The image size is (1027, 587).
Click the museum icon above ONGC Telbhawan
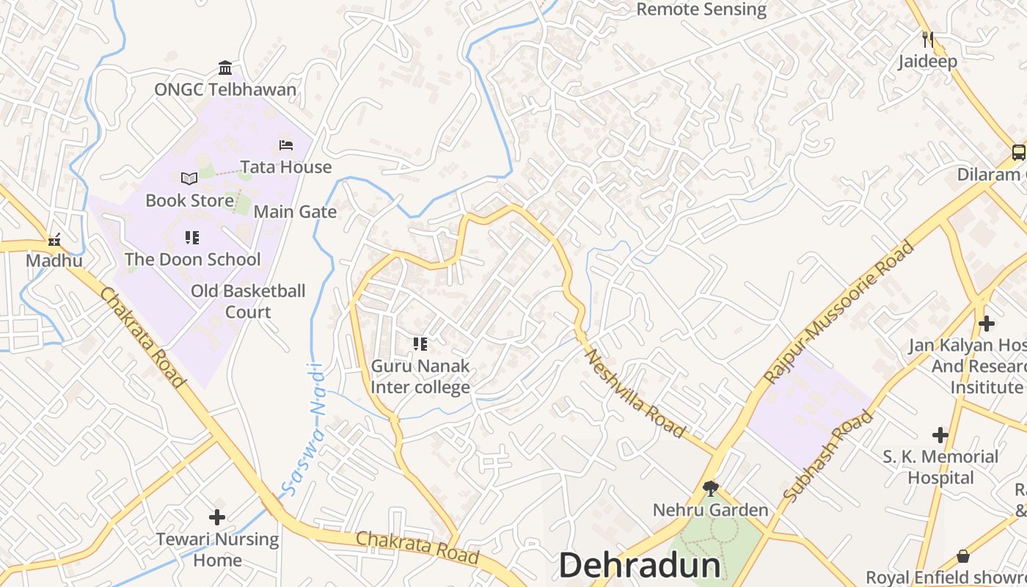pyautogui.click(x=225, y=68)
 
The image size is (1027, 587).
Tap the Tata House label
pyautogui.click(x=286, y=167)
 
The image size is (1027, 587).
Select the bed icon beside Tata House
pyautogui.click(x=286, y=145)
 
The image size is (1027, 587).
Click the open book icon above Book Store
pyautogui.click(x=189, y=178)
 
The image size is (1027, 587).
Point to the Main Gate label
pyautogui.click(x=295, y=212)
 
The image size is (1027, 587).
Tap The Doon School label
pyautogui.click(x=192, y=260)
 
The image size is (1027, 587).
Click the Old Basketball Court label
pyautogui.click(x=248, y=302)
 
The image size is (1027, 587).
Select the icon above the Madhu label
pyautogui.click(x=54, y=239)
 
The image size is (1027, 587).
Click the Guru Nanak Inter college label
pyautogui.click(x=420, y=376)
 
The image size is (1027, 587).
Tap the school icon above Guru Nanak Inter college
pyautogui.click(x=420, y=343)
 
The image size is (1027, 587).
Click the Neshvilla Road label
pyautogui.click(x=635, y=393)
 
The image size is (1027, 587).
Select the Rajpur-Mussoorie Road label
pyautogui.click(x=839, y=312)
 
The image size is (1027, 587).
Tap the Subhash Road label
pyautogui.click(x=828, y=456)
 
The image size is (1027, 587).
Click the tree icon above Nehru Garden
pyautogui.click(x=710, y=488)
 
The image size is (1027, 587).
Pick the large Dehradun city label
pyautogui.click(x=640, y=566)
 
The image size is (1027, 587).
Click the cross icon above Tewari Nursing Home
pyautogui.click(x=216, y=517)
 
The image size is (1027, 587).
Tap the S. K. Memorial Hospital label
pyautogui.click(x=940, y=467)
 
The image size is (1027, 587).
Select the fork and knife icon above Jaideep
pyautogui.click(x=928, y=39)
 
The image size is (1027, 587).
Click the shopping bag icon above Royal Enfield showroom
pyautogui.click(x=963, y=556)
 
